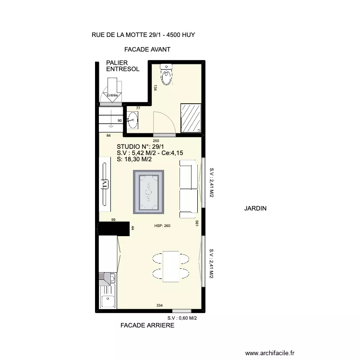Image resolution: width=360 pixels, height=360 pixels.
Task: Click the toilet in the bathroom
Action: (166, 74)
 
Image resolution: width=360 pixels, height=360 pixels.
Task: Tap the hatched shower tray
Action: (191, 118)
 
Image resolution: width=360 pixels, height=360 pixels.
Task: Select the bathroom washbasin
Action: (132, 120)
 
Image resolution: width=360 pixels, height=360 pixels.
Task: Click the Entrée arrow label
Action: (112, 95)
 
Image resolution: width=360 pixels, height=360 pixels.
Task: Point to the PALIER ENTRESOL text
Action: (122, 66)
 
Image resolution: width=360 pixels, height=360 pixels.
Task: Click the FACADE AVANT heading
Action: (147, 49)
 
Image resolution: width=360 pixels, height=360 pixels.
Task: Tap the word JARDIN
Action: (255, 208)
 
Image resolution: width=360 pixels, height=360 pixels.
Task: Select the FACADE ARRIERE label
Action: (147, 325)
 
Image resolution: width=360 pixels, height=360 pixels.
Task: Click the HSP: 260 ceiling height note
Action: (162, 226)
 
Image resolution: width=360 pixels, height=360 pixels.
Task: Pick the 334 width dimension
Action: (159, 305)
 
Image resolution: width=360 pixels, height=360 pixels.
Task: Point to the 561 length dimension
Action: (197, 223)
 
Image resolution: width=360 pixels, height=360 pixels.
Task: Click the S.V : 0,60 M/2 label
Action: (182, 318)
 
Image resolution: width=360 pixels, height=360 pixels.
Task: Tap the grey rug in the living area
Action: (148, 192)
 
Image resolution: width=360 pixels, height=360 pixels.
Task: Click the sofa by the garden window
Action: (189, 189)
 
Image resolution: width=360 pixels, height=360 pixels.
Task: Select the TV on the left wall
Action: (105, 184)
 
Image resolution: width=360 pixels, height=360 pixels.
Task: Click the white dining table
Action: (171, 266)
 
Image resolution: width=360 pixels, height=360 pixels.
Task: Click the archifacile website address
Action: (270, 353)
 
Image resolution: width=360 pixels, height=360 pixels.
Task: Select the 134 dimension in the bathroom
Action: (156, 88)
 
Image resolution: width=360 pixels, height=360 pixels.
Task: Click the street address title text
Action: (143, 35)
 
